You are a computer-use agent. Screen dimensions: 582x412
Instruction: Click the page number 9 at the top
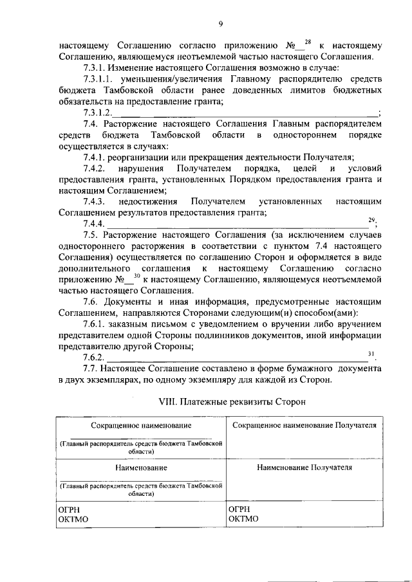tap(220, 24)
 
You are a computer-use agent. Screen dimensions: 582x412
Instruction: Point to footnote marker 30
tap(136, 276)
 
